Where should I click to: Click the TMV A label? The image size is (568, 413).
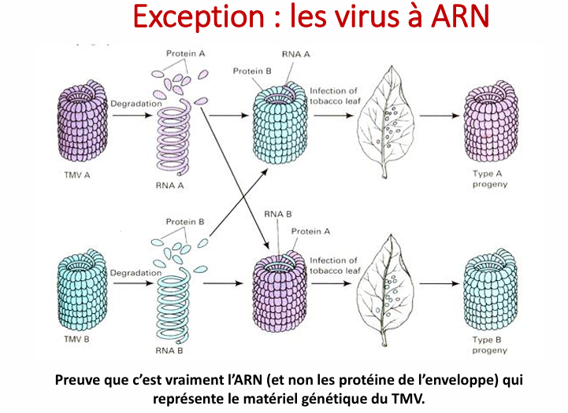tap(76, 175)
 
